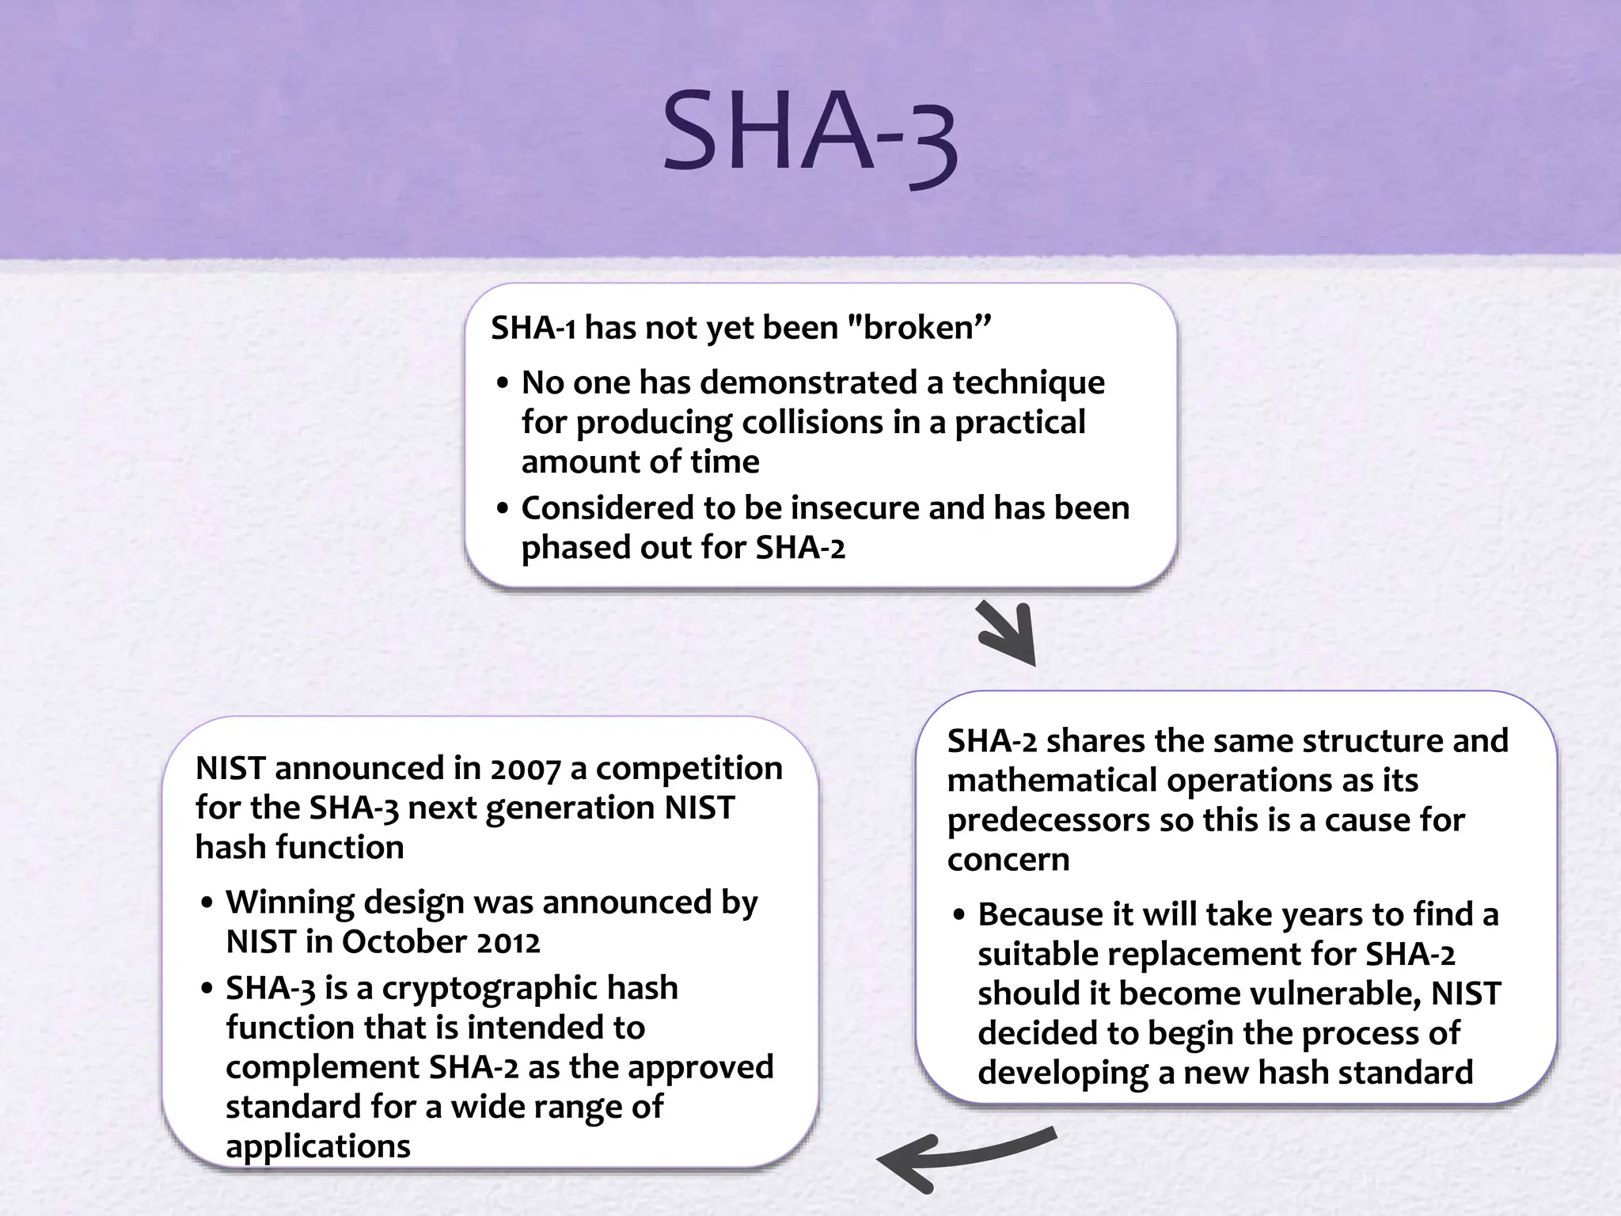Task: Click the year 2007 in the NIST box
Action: coord(524,769)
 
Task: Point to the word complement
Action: coord(322,1068)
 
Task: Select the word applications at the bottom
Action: coord(317,1146)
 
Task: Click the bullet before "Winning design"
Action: coord(207,904)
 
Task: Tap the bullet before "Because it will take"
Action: coord(959,916)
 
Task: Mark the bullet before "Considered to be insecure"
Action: coord(503,510)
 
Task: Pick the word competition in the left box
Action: coord(689,769)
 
